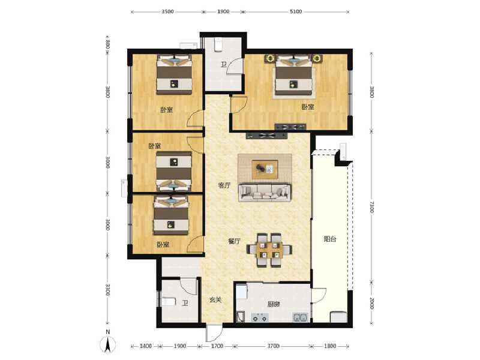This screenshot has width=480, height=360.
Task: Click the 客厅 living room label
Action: pos(224,186)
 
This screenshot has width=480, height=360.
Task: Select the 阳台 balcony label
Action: pos(330,239)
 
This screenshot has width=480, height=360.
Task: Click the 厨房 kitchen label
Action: pos(274,304)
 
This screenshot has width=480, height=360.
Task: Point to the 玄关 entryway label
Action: pos(215,300)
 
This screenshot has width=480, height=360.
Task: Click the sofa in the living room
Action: pos(264,191)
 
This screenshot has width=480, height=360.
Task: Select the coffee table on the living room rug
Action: pos(264,169)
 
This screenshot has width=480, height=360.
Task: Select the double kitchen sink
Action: pos(300,317)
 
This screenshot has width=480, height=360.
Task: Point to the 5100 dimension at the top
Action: pos(296,11)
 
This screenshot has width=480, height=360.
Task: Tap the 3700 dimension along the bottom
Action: pos(274,346)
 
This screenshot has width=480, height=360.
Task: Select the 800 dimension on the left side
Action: pos(107,44)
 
